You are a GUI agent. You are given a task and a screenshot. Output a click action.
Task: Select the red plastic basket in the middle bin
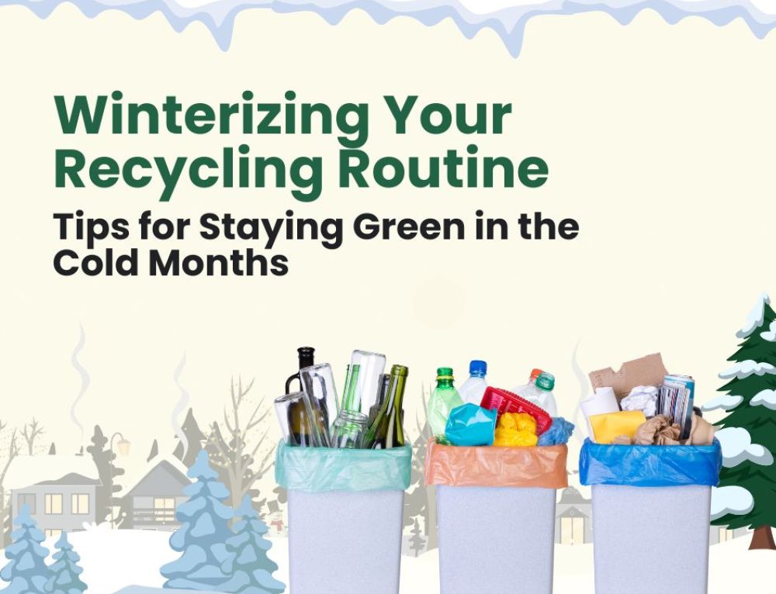tap(514, 405)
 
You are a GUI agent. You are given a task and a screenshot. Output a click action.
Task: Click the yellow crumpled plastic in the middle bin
tap(515, 430)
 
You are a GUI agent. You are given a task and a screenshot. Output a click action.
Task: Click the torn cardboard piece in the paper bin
tap(629, 371)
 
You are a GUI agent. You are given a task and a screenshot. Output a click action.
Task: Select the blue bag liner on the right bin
tap(650, 464)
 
